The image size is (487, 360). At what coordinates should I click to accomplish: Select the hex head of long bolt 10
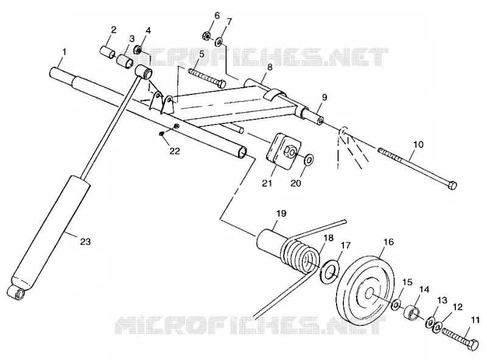click(452, 186)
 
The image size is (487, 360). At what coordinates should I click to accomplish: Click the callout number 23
click(85, 242)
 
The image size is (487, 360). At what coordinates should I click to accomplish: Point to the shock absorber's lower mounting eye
click(16, 292)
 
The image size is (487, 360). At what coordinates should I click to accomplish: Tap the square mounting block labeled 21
click(283, 150)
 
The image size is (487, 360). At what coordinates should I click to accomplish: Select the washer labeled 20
click(309, 159)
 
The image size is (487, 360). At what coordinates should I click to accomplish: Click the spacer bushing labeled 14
click(412, 312)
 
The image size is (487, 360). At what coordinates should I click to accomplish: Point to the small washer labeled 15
click(396, 305)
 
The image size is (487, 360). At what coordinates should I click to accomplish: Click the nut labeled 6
click(208, 36)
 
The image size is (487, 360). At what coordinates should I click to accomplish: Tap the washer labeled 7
click(220, 41)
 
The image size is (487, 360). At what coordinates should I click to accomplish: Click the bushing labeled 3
click(125, 62)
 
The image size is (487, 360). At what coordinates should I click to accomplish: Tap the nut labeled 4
click(138, 49)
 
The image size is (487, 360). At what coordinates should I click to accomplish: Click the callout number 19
click(281, 214)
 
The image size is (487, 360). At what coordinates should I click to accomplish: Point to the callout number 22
click(175, 151)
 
